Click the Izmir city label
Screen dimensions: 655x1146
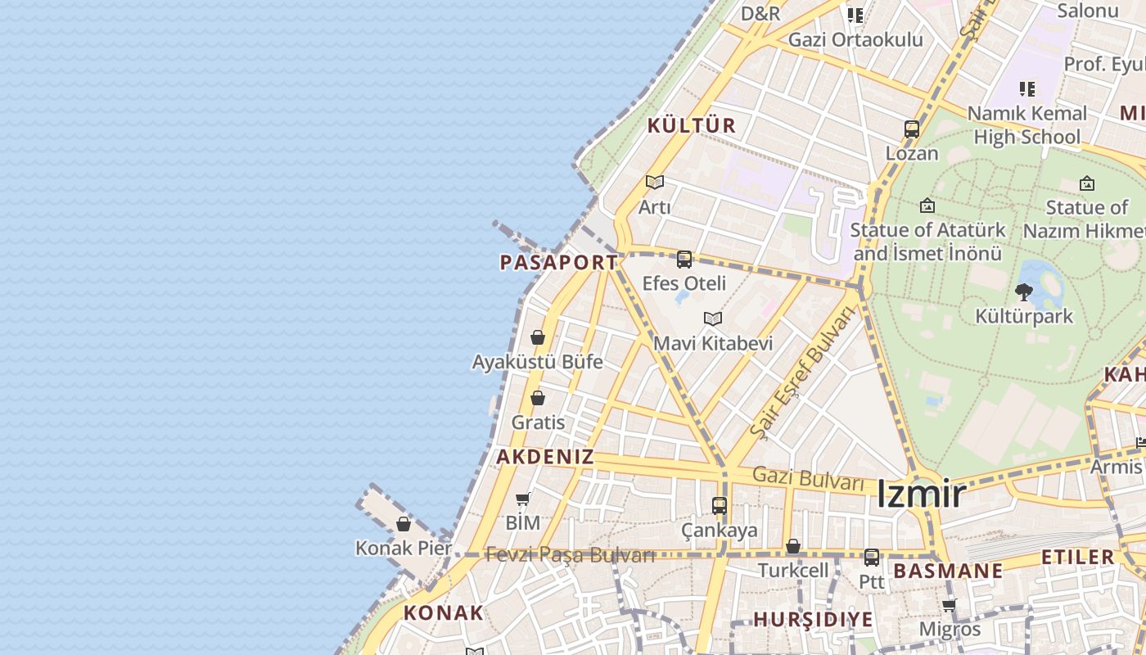tap(921, 494)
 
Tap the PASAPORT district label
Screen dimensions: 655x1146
tap(559, 263)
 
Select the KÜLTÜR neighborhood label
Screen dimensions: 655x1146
tap(692, 125)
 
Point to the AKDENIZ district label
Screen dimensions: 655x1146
tap(545, 457)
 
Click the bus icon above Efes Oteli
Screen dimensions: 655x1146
tap(684, 260)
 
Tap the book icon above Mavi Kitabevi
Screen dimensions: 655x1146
tap(713, 318)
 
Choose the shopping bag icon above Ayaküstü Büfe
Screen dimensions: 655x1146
tap(538, 337)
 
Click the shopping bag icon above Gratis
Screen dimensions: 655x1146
tap(538, 398)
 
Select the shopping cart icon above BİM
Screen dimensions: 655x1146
tap(523, 499)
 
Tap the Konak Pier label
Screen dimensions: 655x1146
tap(404, 548)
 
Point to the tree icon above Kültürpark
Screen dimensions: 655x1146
tap(1023, 291)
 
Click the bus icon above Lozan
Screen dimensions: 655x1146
tap(912, 129)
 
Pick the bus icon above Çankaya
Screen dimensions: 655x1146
tap(720, 505)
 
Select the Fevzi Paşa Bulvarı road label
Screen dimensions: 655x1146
tap(570, 554)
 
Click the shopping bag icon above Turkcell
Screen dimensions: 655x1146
tap(792, 546)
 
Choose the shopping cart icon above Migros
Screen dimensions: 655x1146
tap(949, 606)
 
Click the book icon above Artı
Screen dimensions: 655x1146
tap(654, 182)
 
